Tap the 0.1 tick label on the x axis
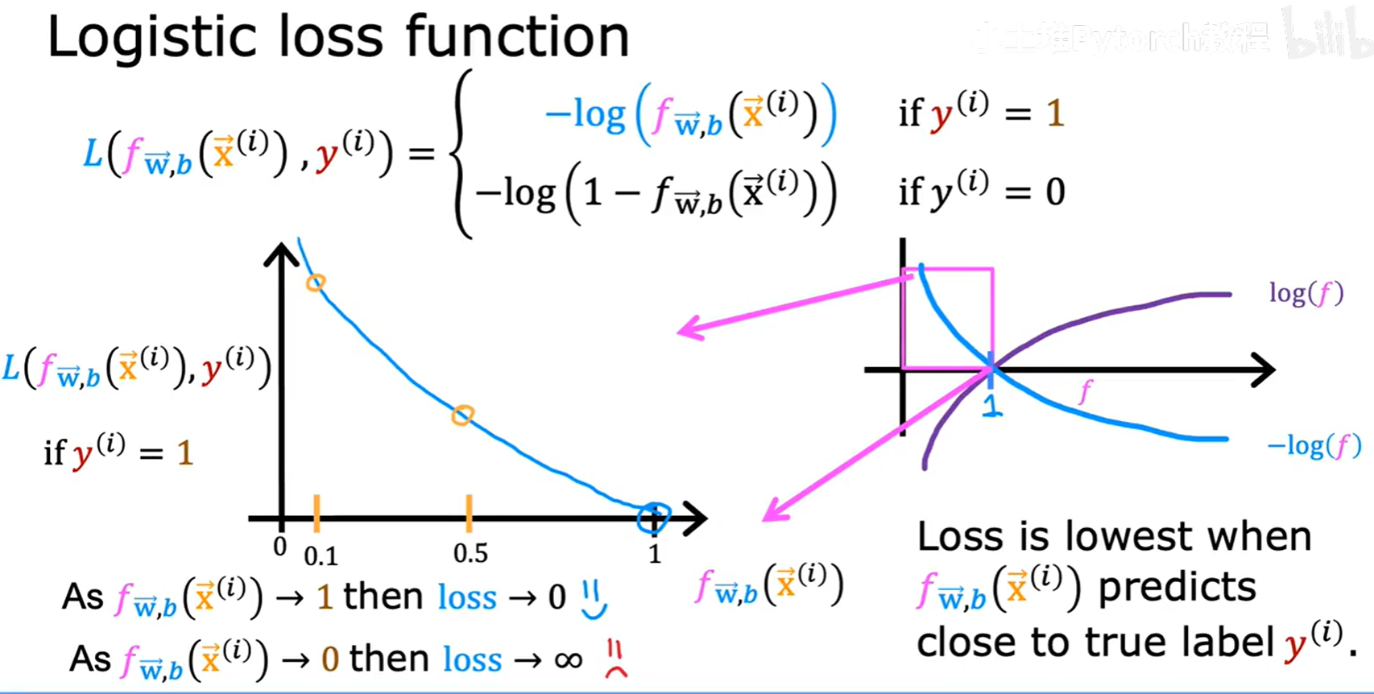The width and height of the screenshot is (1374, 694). coord(321,556)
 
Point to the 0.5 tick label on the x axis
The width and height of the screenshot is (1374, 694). coord(470,554)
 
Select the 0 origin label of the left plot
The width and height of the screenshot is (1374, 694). coord(279,547)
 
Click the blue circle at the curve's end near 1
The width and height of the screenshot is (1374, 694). coord(653,518)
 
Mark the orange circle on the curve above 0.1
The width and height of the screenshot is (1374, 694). coord(316,283)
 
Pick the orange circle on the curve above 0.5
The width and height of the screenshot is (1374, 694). coord(462,415)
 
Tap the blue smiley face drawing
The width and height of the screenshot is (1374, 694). coord(594,600)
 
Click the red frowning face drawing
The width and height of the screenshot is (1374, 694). coord(616,659)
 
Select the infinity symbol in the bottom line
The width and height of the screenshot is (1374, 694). coord(569,661)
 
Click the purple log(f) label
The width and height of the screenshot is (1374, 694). coord(1306,293)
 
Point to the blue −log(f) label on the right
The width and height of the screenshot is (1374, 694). coord(1313,445)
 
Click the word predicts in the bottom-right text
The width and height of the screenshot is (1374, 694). coord(1177,589)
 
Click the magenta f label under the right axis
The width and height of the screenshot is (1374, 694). coord(1086,392)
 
